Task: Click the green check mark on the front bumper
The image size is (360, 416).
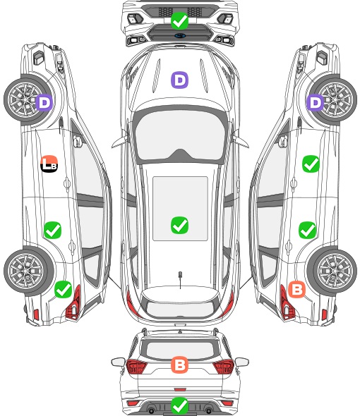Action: point(180,20)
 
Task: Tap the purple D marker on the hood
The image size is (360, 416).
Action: point(179,80)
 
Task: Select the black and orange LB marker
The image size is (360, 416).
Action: point(49,164)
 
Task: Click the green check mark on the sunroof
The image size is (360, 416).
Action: point(180,225)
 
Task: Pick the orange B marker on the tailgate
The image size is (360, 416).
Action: point(179,365)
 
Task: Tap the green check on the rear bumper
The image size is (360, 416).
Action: point(180,405)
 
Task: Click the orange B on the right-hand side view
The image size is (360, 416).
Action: point(296,289)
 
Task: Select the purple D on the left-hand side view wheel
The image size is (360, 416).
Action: point(44,103)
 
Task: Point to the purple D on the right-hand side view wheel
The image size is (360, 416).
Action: point(316,103)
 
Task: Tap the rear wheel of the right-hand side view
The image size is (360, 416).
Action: point(332,271)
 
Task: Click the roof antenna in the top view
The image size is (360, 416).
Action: point(180,279)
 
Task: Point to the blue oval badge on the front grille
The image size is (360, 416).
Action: point(180,35)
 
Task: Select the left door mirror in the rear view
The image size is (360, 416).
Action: point(118,362)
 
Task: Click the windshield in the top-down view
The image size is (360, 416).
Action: point(180,135)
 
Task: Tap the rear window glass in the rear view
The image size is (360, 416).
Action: point(180,349)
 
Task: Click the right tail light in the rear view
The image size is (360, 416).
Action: point(224,367)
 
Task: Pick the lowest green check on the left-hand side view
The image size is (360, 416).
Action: point(63,289)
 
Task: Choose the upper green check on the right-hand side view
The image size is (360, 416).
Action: point(311,164)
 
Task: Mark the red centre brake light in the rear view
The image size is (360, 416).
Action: point(180,389)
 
